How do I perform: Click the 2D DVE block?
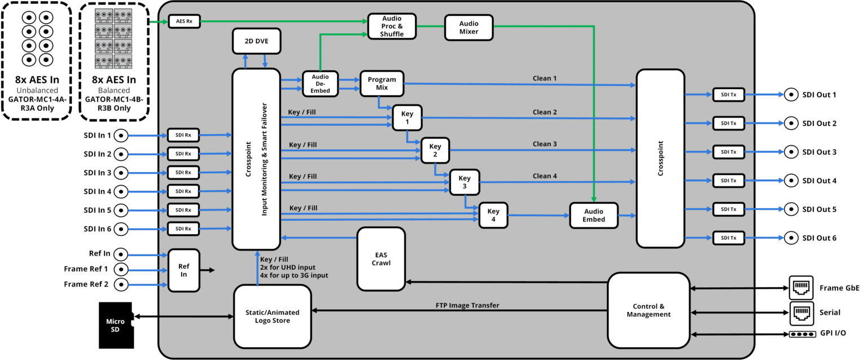point(256,41)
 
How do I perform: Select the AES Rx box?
point(184,22)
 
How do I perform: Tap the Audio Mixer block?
point(468,28)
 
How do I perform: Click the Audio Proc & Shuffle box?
point(392,26)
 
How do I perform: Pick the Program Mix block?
point(382,84)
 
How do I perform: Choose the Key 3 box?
point(465,182)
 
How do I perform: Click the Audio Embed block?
point(593,216)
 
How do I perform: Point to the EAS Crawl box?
point(381,259)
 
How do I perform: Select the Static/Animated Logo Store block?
point(273,316)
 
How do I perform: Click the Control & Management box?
point(649,310)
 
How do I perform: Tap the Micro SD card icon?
point(116,325)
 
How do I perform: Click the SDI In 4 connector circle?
point(121,191)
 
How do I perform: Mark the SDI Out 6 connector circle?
point(791,238)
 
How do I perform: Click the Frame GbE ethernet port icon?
point(801,288)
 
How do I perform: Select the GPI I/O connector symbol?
point(802,334)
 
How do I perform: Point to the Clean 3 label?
point(544,144)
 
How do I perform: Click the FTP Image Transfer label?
point(467,305)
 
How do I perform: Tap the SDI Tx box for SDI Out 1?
point(729,95)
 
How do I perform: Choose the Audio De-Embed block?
point(319,83)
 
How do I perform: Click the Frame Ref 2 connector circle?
point(121,284)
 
